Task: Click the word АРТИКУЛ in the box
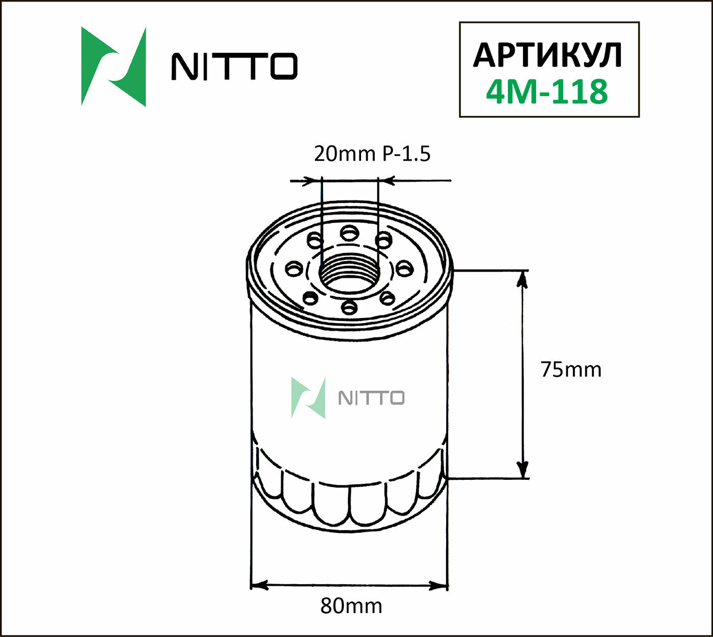point(548,55)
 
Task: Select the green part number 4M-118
point(547,92)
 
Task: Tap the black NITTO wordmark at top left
point(234,66)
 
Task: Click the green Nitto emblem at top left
point(113,67)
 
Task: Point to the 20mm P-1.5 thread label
point(372,154)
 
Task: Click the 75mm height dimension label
point(571,369)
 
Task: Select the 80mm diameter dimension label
point(351,606)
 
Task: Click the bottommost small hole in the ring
point(349,307)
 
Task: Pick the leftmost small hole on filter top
point(294,268)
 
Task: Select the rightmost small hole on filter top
point(404,268)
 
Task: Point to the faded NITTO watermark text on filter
point(371,398)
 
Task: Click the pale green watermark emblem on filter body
point(308,398)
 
